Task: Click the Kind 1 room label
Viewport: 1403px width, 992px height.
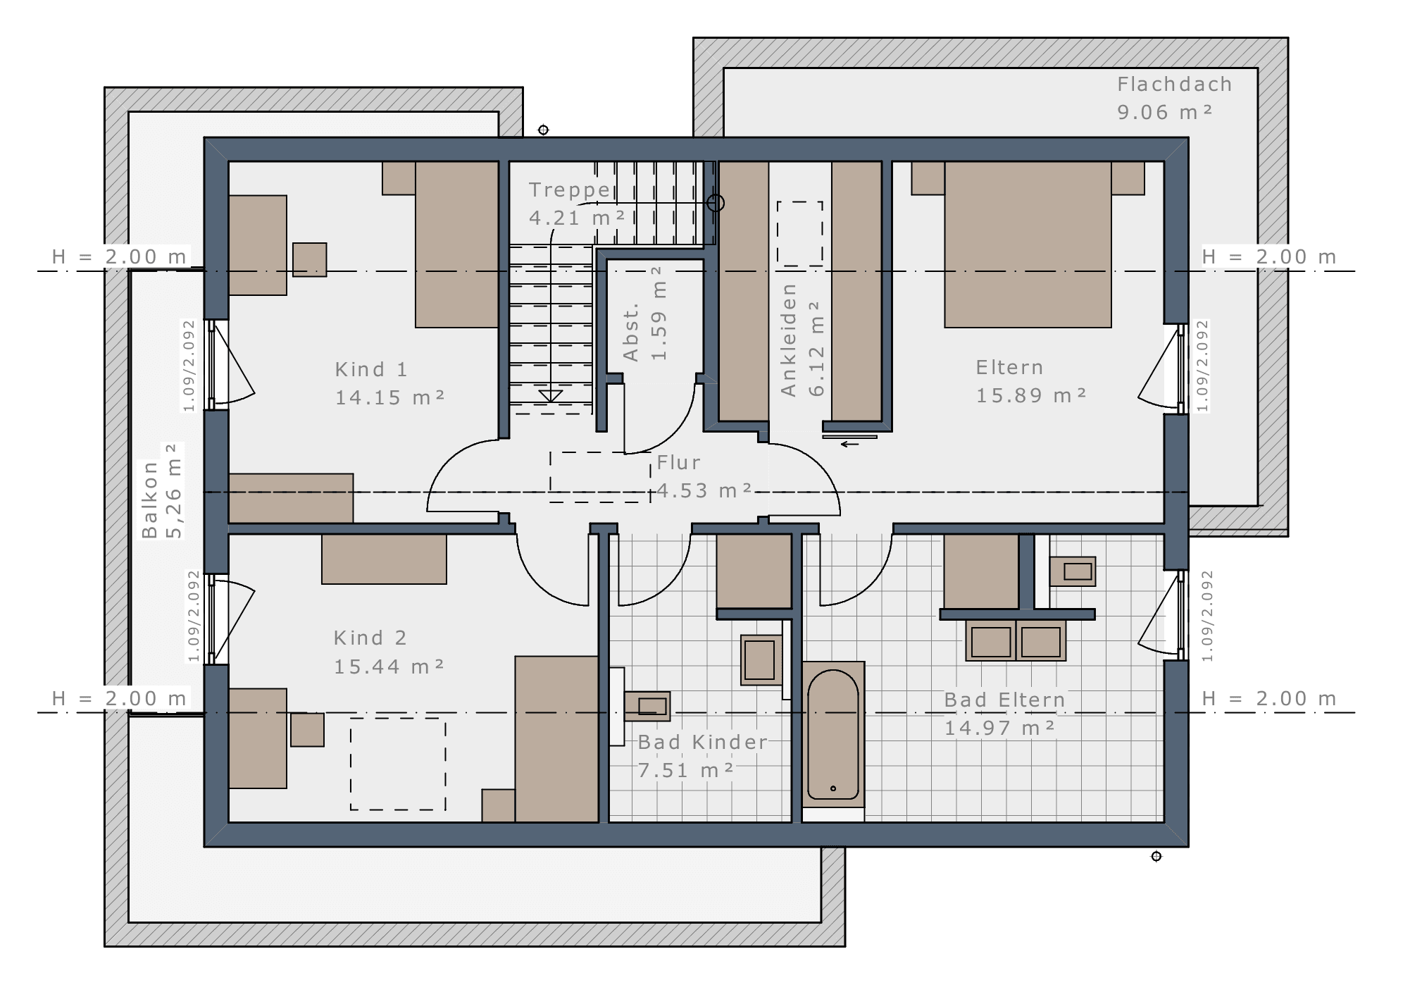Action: tap(371, 369)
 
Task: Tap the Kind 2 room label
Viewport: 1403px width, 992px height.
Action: tap(370, 638)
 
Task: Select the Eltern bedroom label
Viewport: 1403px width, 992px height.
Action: tap(1009, 367)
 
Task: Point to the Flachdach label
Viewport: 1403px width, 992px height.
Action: tap(1174, 85)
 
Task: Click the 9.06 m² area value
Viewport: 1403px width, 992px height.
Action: tap(1165, 112)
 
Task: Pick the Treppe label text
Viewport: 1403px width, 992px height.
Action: tap(569, 190)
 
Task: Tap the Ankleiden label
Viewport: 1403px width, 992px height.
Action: tap(788, 340)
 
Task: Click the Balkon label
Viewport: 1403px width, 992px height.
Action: tap(149, 500)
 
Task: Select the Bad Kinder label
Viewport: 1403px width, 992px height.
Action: tap(702, 742)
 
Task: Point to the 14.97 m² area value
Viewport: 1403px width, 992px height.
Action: tap(999, 728)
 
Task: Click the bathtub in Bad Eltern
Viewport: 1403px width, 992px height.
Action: tap(833, 734)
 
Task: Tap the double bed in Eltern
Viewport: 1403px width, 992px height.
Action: tap(1028, 244)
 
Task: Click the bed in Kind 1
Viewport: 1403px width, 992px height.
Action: tap(457, 244)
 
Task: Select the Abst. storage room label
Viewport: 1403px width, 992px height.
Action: tap(631, 332)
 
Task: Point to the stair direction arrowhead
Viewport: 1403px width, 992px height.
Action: tap(550, 396)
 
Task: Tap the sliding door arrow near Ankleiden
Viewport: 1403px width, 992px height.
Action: tap(850, 444)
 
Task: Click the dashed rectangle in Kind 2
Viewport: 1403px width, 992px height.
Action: tap(398, 764)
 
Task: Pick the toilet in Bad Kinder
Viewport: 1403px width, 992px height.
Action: tap(761, 660)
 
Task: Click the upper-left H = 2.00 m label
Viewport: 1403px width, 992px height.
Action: tap(120, 257)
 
